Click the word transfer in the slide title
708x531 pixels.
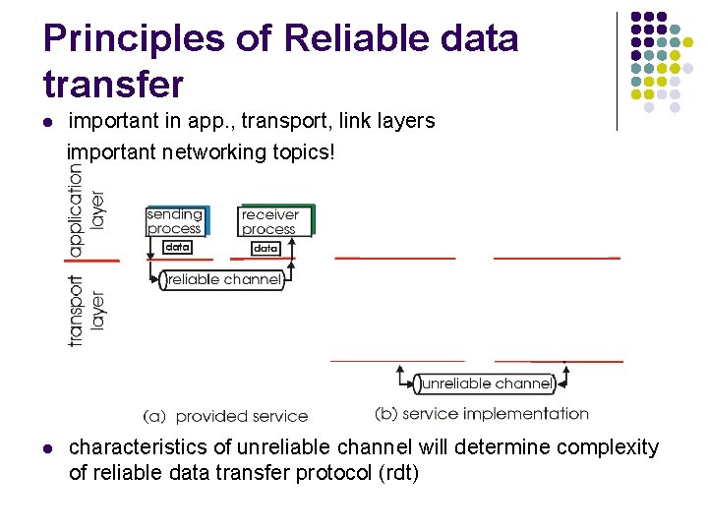(113, 85)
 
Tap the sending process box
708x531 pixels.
(175, 221)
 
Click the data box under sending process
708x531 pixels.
(177, 247)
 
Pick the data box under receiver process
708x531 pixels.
(265, 249)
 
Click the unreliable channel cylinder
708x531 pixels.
(486, 383)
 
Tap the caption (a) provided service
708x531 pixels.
(225, 416)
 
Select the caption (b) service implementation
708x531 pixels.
(482, 414)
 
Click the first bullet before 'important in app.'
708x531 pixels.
(46, 123)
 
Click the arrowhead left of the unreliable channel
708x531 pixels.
(400, 372)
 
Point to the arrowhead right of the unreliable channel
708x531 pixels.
(568, 372)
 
